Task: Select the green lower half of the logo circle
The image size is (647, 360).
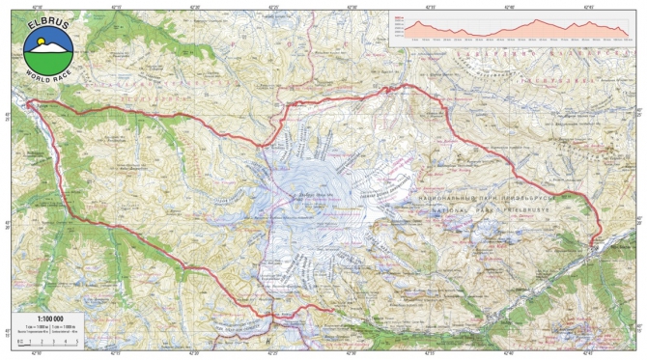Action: click(44, 58)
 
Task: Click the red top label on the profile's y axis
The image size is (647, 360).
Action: click(400, 16)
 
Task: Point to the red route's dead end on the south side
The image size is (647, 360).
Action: click(333, 311)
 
